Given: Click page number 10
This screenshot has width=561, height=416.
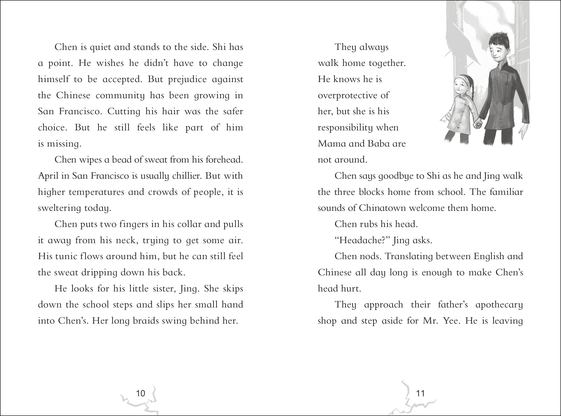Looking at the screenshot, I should [x=140, y=393].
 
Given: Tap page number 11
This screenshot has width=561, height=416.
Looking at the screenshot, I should [x=420, y=393].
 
